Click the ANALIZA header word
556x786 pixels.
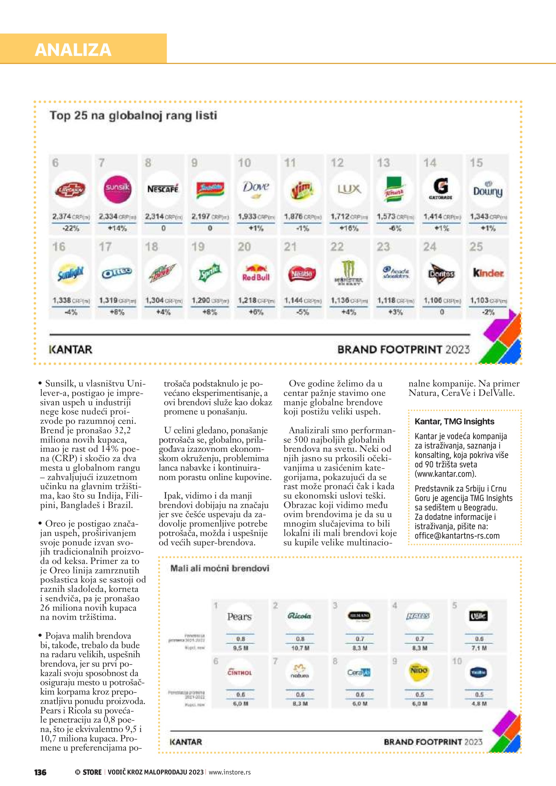73,50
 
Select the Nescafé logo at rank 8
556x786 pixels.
163,189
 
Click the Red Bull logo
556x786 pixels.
256,273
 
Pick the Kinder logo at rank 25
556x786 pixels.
488,273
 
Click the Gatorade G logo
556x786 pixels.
441,188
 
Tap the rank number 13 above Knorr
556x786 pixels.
384,163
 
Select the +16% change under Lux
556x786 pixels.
349,228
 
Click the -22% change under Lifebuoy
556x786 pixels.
71,228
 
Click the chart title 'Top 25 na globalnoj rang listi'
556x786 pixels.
133,115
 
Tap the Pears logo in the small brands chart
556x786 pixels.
239,617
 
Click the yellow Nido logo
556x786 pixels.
419,671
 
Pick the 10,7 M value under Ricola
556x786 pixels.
300,648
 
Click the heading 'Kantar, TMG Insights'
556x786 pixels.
454,421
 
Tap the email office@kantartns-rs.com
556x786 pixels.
457,536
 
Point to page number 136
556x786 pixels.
40,772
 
